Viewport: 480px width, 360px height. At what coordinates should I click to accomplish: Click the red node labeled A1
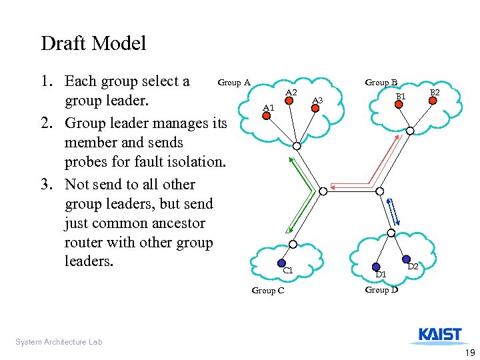pos(265,116)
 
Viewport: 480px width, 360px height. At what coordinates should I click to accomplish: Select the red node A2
pos(289,102)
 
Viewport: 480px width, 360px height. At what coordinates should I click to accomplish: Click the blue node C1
pos(282,263)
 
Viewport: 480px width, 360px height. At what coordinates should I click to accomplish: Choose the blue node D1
pos(376,267)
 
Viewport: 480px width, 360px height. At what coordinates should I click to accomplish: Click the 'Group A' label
pos(234,83)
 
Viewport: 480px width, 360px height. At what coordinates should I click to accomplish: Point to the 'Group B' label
pos(381,83)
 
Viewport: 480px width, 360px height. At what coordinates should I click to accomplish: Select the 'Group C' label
pos(267,290)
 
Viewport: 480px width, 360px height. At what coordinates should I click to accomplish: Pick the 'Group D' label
pos(381,290)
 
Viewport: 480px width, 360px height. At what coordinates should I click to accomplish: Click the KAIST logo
pos(440,335)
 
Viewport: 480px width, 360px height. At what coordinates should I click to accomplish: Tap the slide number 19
pos(469,352)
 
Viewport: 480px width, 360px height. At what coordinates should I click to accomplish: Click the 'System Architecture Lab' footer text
pos(59,342)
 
